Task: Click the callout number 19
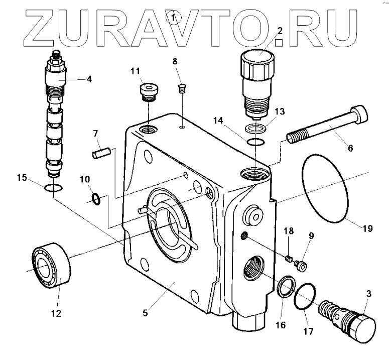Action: point(367,228)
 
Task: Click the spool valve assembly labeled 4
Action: point(55,115)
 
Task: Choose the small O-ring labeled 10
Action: point(96,199)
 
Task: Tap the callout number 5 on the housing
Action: point(145,313)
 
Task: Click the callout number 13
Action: point(280,111)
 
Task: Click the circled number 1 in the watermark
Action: point(174,19)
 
